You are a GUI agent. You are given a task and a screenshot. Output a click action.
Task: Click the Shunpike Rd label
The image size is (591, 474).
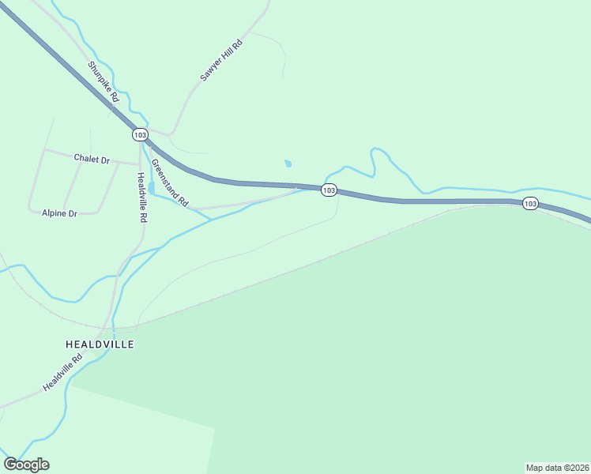coord(104,82)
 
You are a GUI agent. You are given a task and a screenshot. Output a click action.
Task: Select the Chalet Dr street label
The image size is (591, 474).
coord(92,159)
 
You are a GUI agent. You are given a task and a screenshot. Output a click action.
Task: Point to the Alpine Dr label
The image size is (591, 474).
coord(59,213)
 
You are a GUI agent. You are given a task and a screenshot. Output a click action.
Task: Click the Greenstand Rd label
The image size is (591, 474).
coord(170,183)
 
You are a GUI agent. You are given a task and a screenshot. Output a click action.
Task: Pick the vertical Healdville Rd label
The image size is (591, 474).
coord(142,197)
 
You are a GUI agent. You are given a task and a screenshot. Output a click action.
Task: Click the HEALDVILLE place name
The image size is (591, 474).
coord(100,344)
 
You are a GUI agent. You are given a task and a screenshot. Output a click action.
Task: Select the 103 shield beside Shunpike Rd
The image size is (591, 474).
coord(140,134)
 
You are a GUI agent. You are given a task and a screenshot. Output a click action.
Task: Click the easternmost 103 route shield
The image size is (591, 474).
coord(529,204)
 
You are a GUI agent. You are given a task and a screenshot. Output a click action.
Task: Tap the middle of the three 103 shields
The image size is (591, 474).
coord(329,190)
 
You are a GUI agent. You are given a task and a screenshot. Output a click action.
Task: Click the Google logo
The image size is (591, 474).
coord(26,465)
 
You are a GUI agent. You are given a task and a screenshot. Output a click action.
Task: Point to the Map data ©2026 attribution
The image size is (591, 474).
coord(557,467)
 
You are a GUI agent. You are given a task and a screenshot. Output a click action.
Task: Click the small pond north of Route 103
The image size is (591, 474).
coord(288,164)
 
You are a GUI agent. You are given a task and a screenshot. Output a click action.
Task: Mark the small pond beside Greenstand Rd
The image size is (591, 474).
coord(151,188)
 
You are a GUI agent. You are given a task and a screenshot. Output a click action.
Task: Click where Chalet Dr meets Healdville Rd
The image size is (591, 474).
coord(140,164)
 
